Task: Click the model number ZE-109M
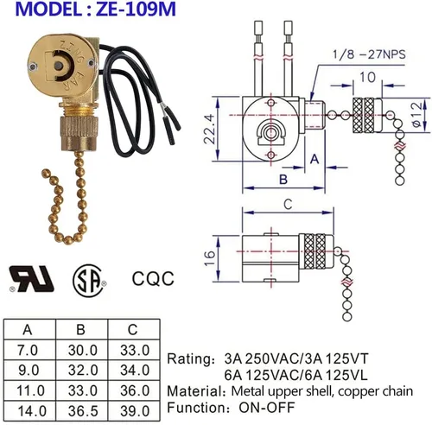coord(136,9)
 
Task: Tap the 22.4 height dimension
coord(209,129)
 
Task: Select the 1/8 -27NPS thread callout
coord(369,54)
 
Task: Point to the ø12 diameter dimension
coord(418,115)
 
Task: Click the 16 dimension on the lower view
coord(211,258)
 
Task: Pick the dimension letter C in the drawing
coord(288,204)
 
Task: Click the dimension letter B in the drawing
coord(283,179)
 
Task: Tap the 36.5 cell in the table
coord(82,410)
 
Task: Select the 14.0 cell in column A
coord(32,410)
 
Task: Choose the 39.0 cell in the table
coord(135,410)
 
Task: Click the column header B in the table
coord(81,329)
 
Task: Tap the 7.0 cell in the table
coord(28,350)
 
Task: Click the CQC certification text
coord(153,278)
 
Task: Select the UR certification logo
coord(32,279)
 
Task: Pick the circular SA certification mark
coord(88,280)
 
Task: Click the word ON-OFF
coord(267,407)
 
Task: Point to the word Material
coord(194,391)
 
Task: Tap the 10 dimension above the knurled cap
coord(367,77)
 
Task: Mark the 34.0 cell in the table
coord(135,370)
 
